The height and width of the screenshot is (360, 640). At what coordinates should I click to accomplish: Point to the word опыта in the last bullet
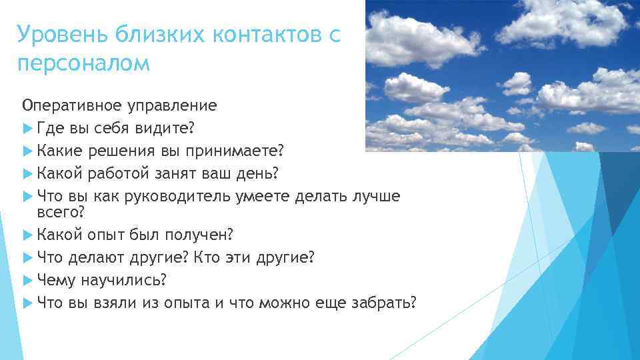coord(189,302)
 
